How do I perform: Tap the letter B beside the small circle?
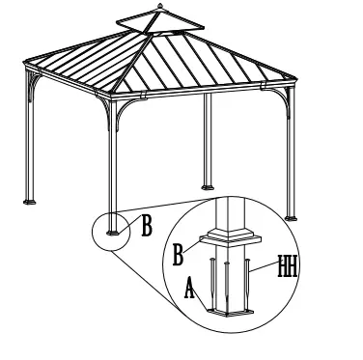pos(148,228)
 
